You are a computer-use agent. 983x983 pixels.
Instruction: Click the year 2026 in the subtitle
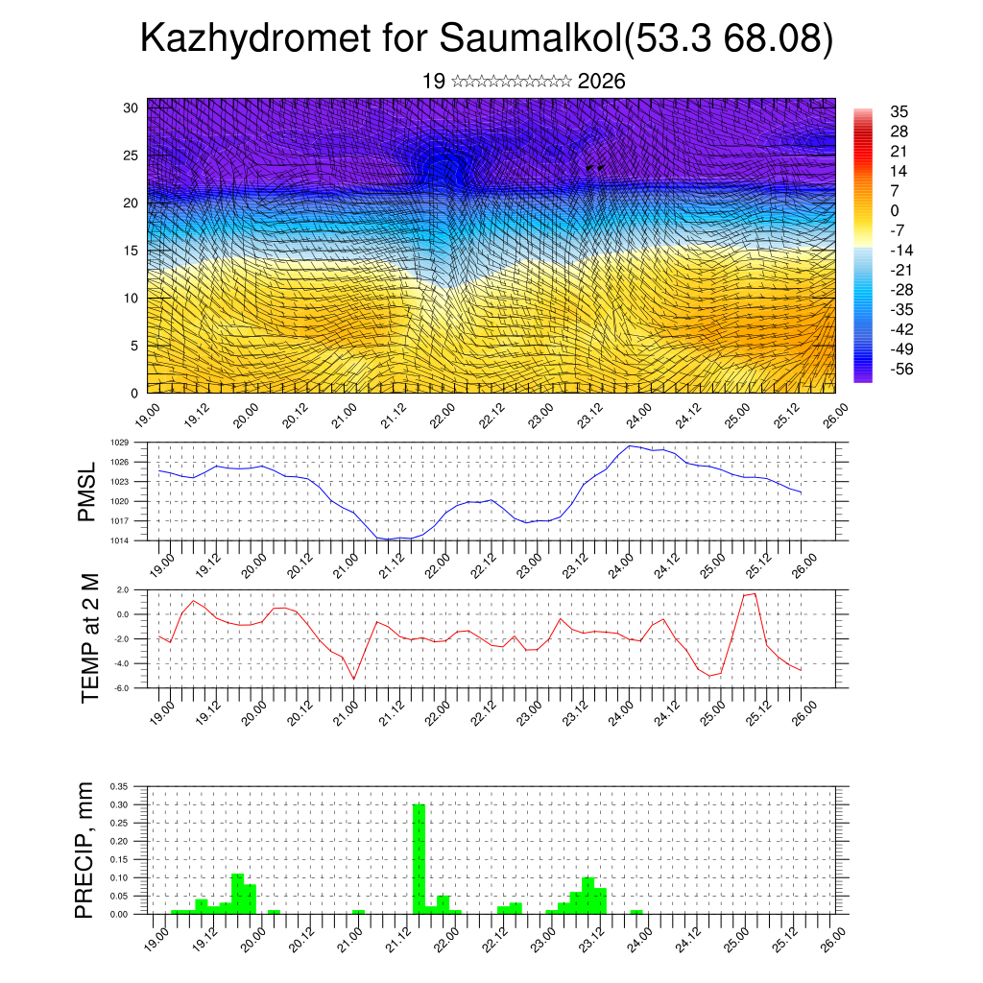602,82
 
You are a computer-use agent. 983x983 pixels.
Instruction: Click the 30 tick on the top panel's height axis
132,108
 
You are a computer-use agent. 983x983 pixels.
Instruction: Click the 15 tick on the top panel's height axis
132,251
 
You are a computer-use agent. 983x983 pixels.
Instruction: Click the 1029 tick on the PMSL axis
119,443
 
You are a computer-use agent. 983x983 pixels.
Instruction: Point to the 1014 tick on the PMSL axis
119,540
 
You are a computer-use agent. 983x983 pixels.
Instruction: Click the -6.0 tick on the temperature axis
121,688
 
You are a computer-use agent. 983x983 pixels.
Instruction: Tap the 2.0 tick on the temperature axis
123,589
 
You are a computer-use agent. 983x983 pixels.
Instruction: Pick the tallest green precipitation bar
419,859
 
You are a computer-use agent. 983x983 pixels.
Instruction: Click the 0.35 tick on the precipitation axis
118,786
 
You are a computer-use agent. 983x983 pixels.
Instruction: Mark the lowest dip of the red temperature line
353,680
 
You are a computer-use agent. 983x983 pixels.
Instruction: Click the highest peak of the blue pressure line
631,445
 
